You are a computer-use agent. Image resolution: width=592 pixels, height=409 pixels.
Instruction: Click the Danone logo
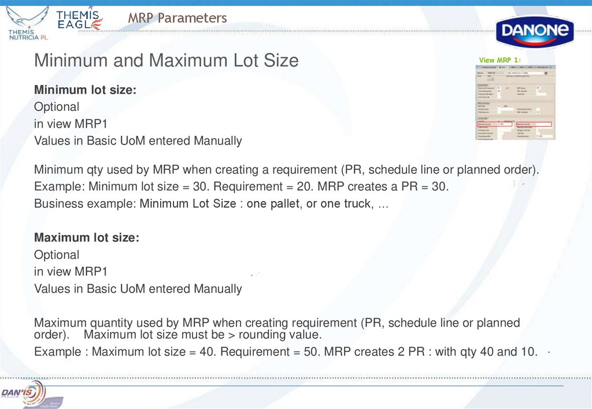click(535, 32)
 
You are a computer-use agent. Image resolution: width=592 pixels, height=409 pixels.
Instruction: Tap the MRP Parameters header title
click(177, 18)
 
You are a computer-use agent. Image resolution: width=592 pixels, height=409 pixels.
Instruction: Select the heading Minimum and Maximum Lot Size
click(166, 60)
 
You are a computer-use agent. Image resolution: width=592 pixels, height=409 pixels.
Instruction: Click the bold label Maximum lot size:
click(87, 237)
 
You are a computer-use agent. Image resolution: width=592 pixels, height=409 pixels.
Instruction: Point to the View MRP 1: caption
click(500, 60)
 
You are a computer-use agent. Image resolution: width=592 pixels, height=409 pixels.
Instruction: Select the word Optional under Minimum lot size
click(57, 107)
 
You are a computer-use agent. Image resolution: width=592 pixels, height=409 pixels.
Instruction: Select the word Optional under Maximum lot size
click(57, 255)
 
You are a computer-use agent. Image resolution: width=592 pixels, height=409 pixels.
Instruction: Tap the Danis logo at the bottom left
click(23, 392)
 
